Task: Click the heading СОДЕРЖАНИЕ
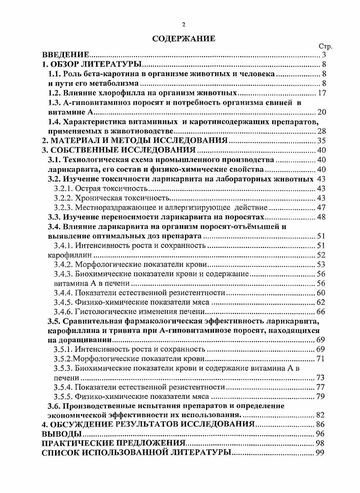point(183,39)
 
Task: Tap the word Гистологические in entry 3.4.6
point(103,312)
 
